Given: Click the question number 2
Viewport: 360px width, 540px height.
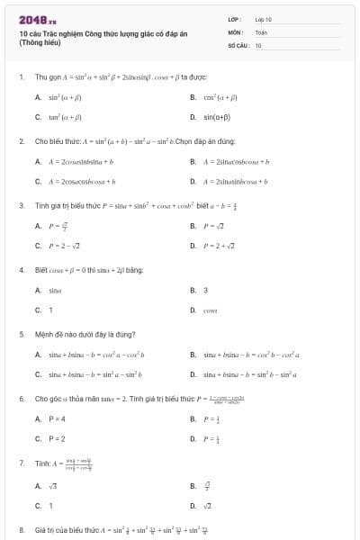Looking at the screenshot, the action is point(21,141).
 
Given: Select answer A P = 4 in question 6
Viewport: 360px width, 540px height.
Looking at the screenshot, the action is point(56,418).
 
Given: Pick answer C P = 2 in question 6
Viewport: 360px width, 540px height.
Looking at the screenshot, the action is point(56,439).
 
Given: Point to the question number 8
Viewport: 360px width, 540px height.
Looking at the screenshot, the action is point(21,529).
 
